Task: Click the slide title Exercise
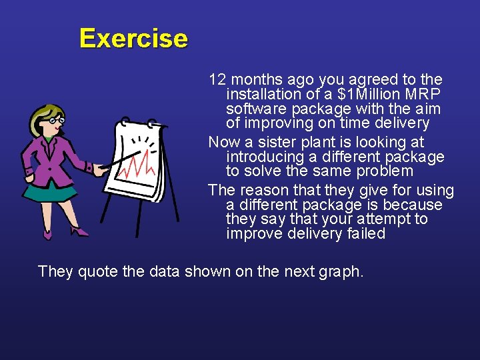coord(133,39)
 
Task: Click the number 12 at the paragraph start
coord(217,80)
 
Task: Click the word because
coord(417,205)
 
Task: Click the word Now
coord(223,142)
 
